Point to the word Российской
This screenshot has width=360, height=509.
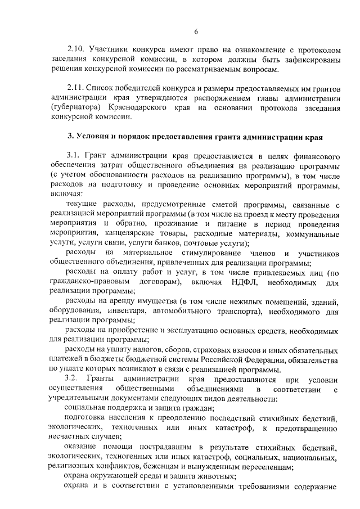(223, 360)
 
